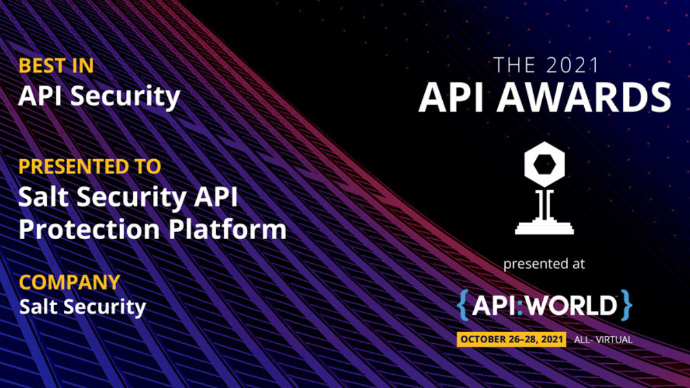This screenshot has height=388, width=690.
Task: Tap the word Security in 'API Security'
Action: pyautogui.click(x=126, y=97)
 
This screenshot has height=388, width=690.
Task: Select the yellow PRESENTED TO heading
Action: pyautogui.click(x=89, y=167)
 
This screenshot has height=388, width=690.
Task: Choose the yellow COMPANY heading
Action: pyautogui.click(x=70, y=282)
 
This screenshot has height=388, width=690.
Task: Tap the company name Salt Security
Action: pyautogui.click(x=82, y=306)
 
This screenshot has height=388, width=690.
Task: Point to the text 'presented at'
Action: pyautogui.click(x=544, y=264)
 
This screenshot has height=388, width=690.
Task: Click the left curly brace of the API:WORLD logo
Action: pyautogui.click(x=463, y=305)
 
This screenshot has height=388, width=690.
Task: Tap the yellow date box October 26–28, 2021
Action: pyautogui.click(x=512, y=339)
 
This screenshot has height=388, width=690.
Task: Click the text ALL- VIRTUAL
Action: pyautogui.click(x=603, y=340)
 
